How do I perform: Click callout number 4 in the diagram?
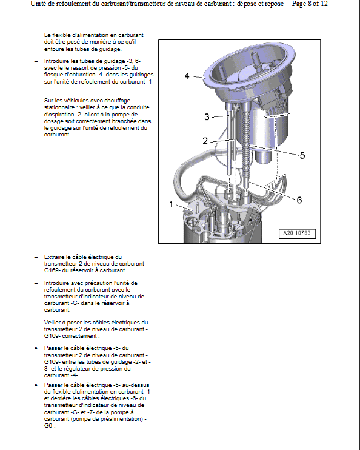[x=187, y=76]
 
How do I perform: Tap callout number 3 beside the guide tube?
[x=207, y=117]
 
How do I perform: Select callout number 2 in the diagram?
[x=205, y=141]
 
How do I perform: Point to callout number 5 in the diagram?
[x=302, y=155]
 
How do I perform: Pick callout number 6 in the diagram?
[x=299, y=200]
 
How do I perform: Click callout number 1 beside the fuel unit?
[x=172, y=204]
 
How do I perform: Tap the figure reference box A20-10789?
[x=297, y=233]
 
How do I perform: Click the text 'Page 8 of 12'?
[x=310, y=4]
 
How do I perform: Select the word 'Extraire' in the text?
[x=54, y=257]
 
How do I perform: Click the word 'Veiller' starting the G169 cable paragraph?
[x=53, y=323]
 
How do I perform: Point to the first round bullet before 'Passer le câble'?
[x=36, y=348]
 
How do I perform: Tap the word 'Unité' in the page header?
[x=38, y=4]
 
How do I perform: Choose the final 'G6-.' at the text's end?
[x=50, y=426]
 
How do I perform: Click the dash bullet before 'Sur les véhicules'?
[x=36, y=101]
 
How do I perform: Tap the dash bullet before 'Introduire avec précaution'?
[x=36, y=283]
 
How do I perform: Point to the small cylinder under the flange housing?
[x=262, y=157]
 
